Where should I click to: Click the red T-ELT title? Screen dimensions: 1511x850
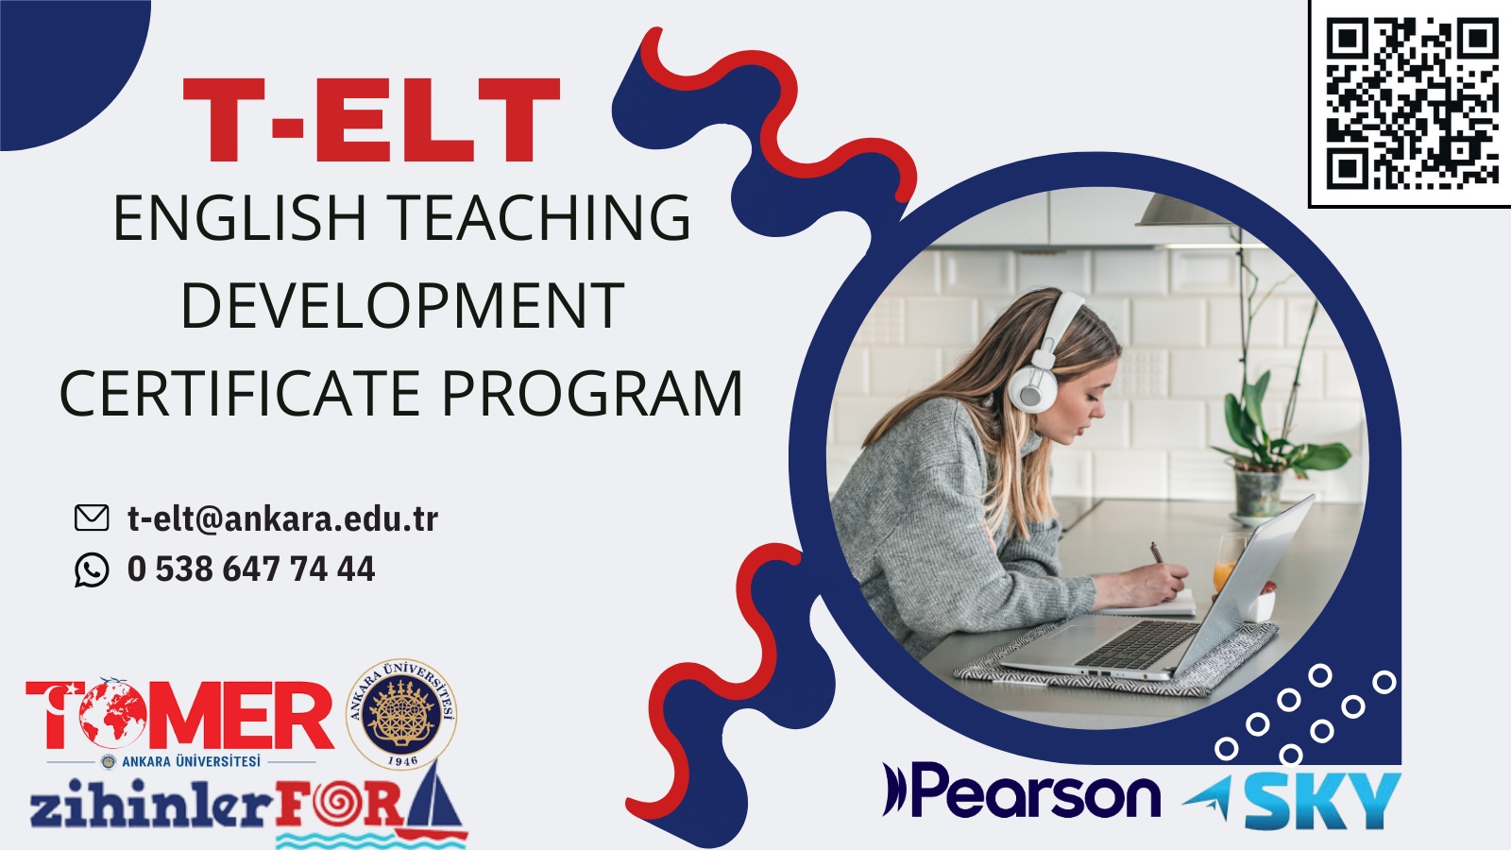tap(371, 119)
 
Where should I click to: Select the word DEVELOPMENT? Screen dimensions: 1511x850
tap(402, 305)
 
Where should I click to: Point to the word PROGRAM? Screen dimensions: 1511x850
tap(591, 393)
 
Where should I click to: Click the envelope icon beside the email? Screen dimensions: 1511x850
tap(91, 518)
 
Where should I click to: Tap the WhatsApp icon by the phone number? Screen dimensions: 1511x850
tap(91, 569)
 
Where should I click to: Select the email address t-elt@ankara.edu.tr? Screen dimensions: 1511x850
tap(282, 518)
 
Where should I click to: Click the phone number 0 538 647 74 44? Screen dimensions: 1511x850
tap(251, 569)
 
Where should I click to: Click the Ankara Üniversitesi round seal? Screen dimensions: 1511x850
tap(402, 714)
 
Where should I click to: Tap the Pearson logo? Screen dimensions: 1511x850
tap(1021, 790)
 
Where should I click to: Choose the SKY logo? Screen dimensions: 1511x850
tap(1292, 801)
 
